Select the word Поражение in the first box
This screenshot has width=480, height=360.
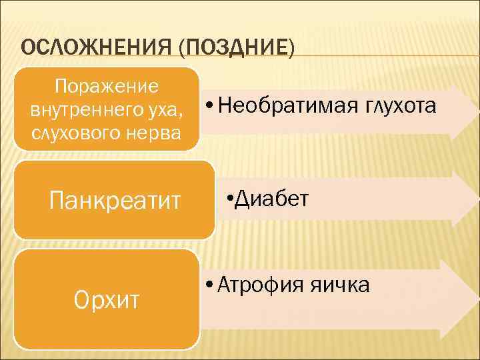(x=107, y=87)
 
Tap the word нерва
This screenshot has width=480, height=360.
(x=151, y=131)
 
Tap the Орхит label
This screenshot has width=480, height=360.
(x=106, y=301)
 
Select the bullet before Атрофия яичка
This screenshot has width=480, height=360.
(x=209, y=286)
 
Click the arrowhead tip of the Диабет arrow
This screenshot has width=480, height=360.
(x=478, y=199)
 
